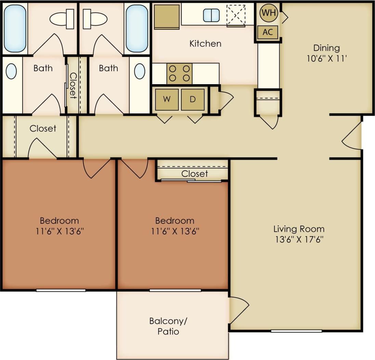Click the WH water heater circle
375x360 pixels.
[268, 13]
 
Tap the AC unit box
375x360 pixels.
[268, 32]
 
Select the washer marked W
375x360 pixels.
[167, 99]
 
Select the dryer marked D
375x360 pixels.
[193, 99]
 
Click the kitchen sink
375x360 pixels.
[211, 15]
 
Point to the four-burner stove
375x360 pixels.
[179, 73]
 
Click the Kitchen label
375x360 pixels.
[205, 43]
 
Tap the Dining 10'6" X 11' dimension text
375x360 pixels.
[326, 58]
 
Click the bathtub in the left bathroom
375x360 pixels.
[15, 28]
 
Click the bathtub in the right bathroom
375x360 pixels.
[137, 28]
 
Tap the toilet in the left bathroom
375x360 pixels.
[62, 19]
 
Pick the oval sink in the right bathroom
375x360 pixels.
[139, 72]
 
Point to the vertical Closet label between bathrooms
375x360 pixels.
[73, 84]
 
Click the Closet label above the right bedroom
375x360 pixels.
[195, 173]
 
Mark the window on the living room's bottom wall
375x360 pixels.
[296, 331]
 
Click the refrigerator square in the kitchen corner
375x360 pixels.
[167, 16]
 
